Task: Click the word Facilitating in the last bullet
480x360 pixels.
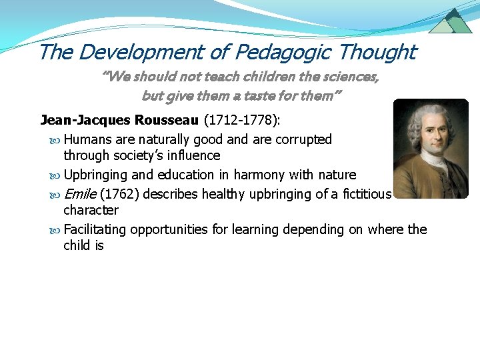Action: coord(95,230)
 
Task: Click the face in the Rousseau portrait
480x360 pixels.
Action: coord(427,134)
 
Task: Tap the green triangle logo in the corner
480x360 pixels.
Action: coord(450,21)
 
